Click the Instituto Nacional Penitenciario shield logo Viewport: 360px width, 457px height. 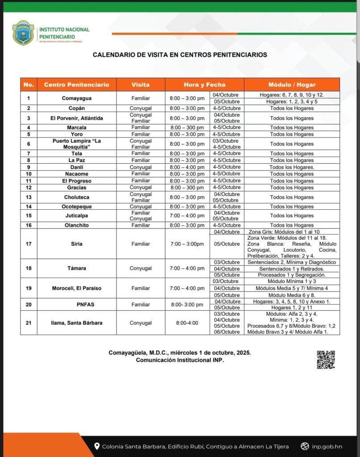pyautogui.click(x=23, y=33)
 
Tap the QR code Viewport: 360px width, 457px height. pyautogui.click(x=326, y=360)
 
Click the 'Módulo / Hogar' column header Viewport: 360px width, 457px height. pyautogui.click(x=292, y=85)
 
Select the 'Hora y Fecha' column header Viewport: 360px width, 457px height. pyautogui.click(x=204, y=85)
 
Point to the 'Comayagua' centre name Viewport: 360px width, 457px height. pyautogui.click(x=76, y=98)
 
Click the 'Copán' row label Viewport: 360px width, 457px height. pyautogui.click(x=76, y=108)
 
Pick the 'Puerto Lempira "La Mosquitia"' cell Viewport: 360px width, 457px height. pyautogui.click(x=76, y=144)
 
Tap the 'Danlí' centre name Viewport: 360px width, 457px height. pyautogui.click(x=76, y=167)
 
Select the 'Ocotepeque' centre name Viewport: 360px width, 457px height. pyautogui.click(x=76, y=207)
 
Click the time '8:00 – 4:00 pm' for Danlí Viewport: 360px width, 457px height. pyautogui.click(x=187, y=167)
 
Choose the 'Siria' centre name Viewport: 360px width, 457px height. pyautogui.click(x=76, y=244)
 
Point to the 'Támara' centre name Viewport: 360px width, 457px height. pyautogui.click(x=76, y=268)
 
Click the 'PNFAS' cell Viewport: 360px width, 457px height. pyautogui.click(x=76, y=304)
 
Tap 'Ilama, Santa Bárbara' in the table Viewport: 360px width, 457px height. pyautogui.click(x=76, y=323)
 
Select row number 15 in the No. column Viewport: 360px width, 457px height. pyautogui.click(x=29, y=216)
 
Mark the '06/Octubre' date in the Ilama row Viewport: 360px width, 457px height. pyautogui.click(x=227, y=332)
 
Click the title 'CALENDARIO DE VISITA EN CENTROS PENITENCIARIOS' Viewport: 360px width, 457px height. pyautogui.click(x=180, y=55)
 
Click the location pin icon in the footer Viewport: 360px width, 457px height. pyautogui.click(x=96, y=446)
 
